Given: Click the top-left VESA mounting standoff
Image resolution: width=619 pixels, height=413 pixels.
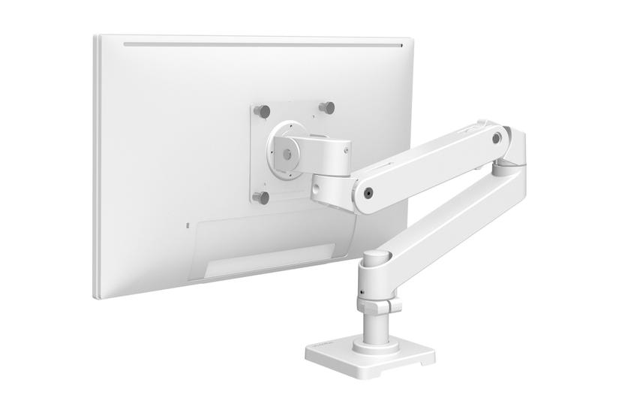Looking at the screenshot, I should point(262,110).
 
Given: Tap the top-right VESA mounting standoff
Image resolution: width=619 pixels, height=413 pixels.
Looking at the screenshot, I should point(326,107).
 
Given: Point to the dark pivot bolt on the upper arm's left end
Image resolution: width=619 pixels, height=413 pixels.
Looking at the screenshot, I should point(368,192).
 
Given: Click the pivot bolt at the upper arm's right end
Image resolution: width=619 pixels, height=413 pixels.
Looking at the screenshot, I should point(497,138).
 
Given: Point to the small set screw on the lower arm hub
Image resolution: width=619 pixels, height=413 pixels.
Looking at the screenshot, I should point(362,291).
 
